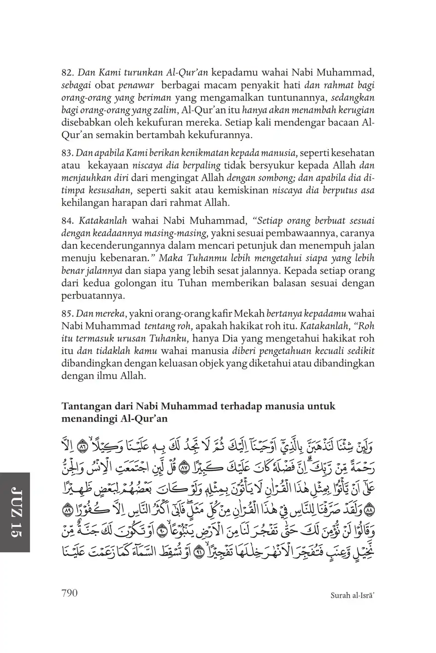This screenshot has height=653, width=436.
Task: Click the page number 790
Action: pyautogui.click(x=69, y=593)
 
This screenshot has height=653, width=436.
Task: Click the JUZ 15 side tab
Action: pyautogui.click(x=14, y=512)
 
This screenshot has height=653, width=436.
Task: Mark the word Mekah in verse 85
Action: pyautogui.click(x=249, y=314)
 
